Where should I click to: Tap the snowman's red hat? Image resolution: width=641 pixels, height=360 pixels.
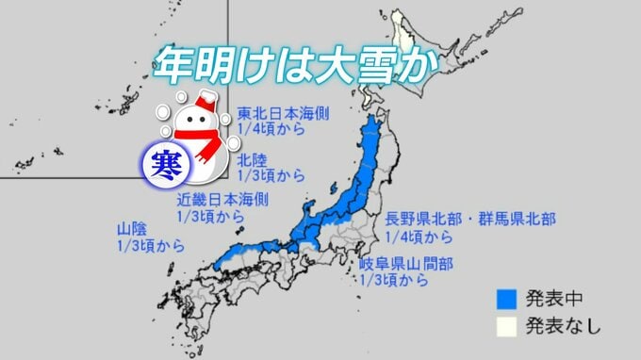[205, 100]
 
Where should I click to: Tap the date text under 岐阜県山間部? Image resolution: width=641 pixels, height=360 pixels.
[394, 281]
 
